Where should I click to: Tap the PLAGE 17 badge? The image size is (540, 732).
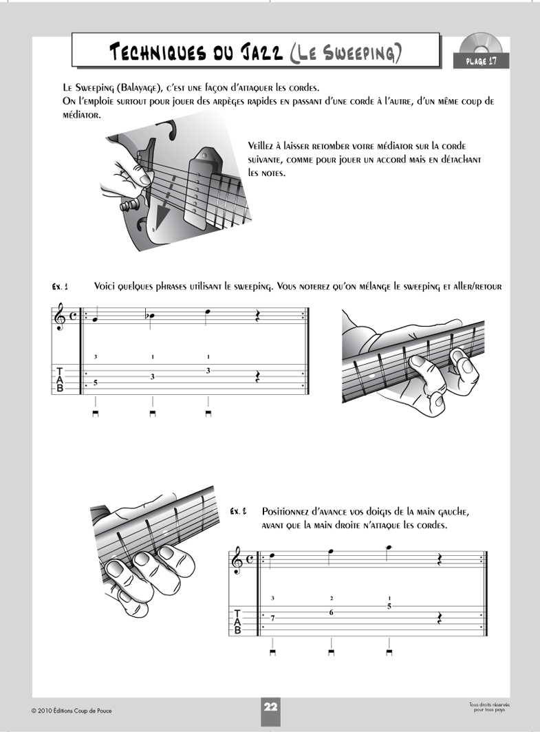click(481, 62)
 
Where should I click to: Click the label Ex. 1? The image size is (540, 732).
click(61, 286)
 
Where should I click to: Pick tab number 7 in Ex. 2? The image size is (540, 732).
click(273, 618)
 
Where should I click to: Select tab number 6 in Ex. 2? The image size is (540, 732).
click(332, 612)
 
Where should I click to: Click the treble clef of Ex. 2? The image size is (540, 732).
click(237, 561)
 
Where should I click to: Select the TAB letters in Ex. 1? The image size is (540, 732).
click(60, 380)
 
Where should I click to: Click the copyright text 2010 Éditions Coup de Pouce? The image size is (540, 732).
click(70, 709)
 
